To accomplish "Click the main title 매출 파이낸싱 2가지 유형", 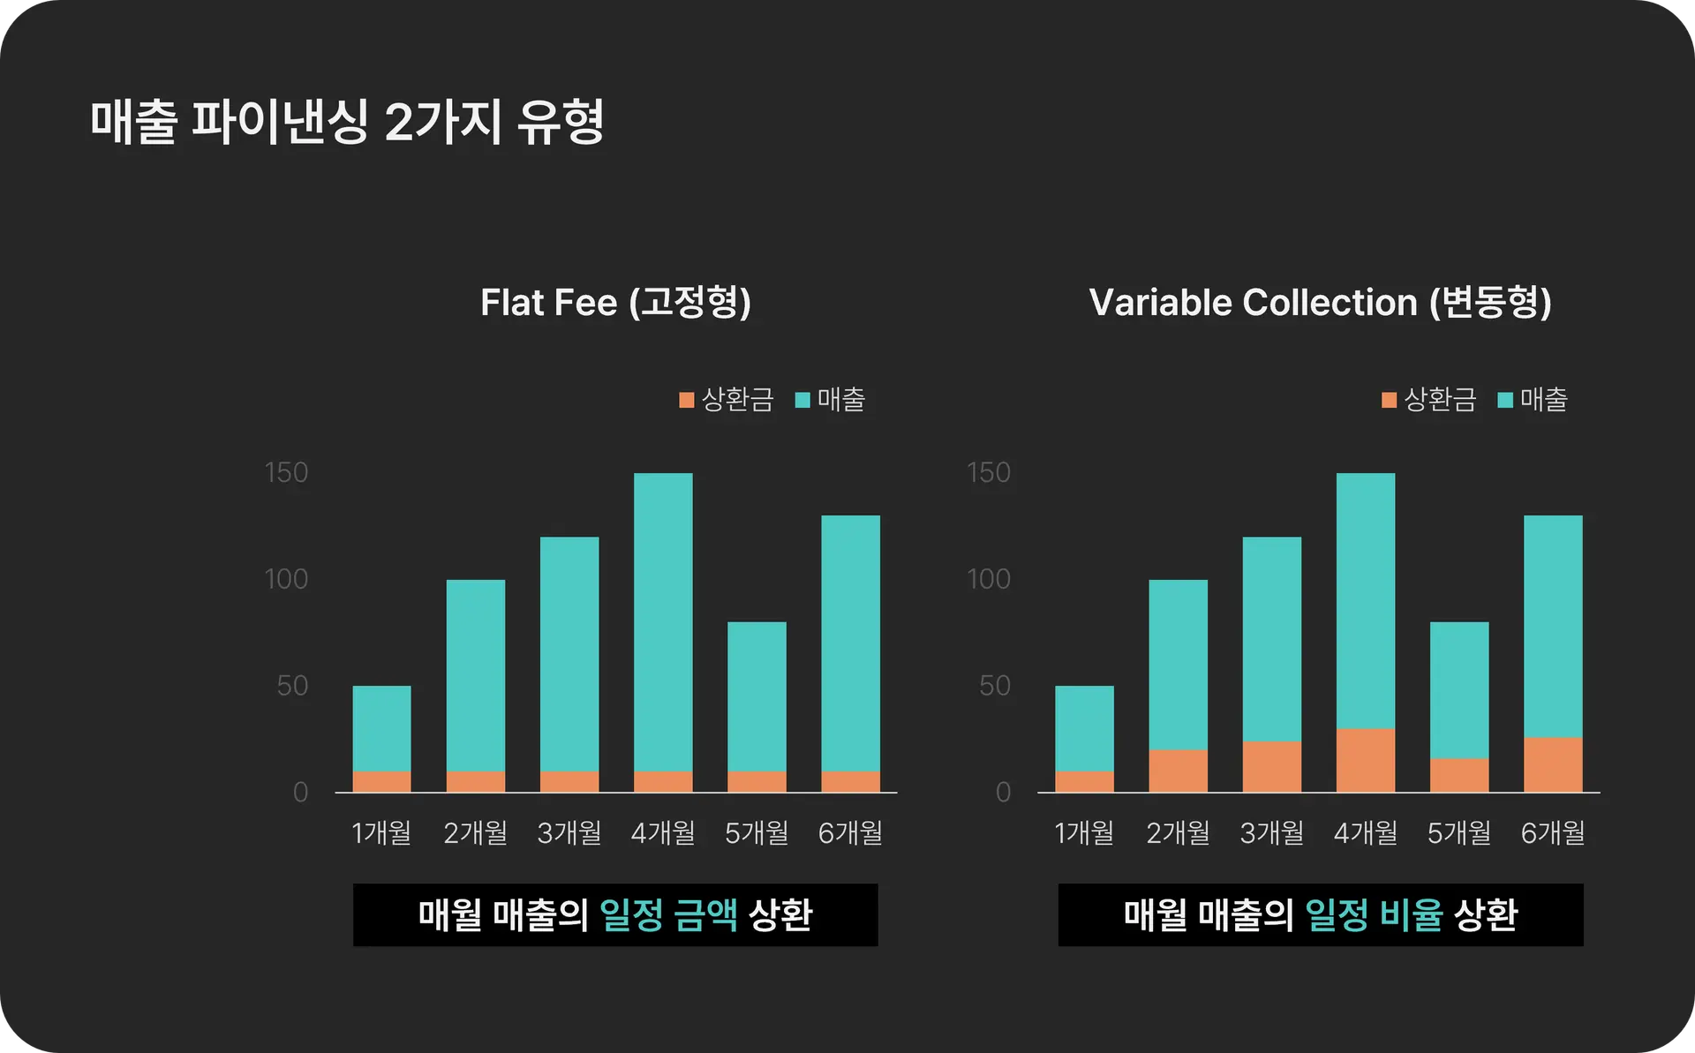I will pos(347,122).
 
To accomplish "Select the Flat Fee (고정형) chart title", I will pos(615,303).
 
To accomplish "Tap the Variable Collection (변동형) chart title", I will pos(1320,303).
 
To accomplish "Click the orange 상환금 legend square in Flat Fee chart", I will pos(687,401).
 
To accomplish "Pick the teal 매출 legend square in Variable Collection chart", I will pos(1506,401).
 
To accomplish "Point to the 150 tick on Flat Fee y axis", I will pos(286,473).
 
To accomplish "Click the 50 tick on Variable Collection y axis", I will pos(994,686).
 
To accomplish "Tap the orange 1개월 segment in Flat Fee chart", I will pos(381,782).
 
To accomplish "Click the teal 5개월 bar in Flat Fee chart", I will pos(757,696).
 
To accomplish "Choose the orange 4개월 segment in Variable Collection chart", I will pos(1366,760).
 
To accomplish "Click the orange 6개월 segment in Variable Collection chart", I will pos(1553,764).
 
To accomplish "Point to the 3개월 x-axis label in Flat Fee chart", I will pos(569,832).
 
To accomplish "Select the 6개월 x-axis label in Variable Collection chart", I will pos(1553,832).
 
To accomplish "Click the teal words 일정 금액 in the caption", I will pos(668,915).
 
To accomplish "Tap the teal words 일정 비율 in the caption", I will pos(1374,915).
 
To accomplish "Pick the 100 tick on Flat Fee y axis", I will pos(286,579).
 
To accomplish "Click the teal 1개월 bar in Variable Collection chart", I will pos(1084,728).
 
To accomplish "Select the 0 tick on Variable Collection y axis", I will pos(1003,793).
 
